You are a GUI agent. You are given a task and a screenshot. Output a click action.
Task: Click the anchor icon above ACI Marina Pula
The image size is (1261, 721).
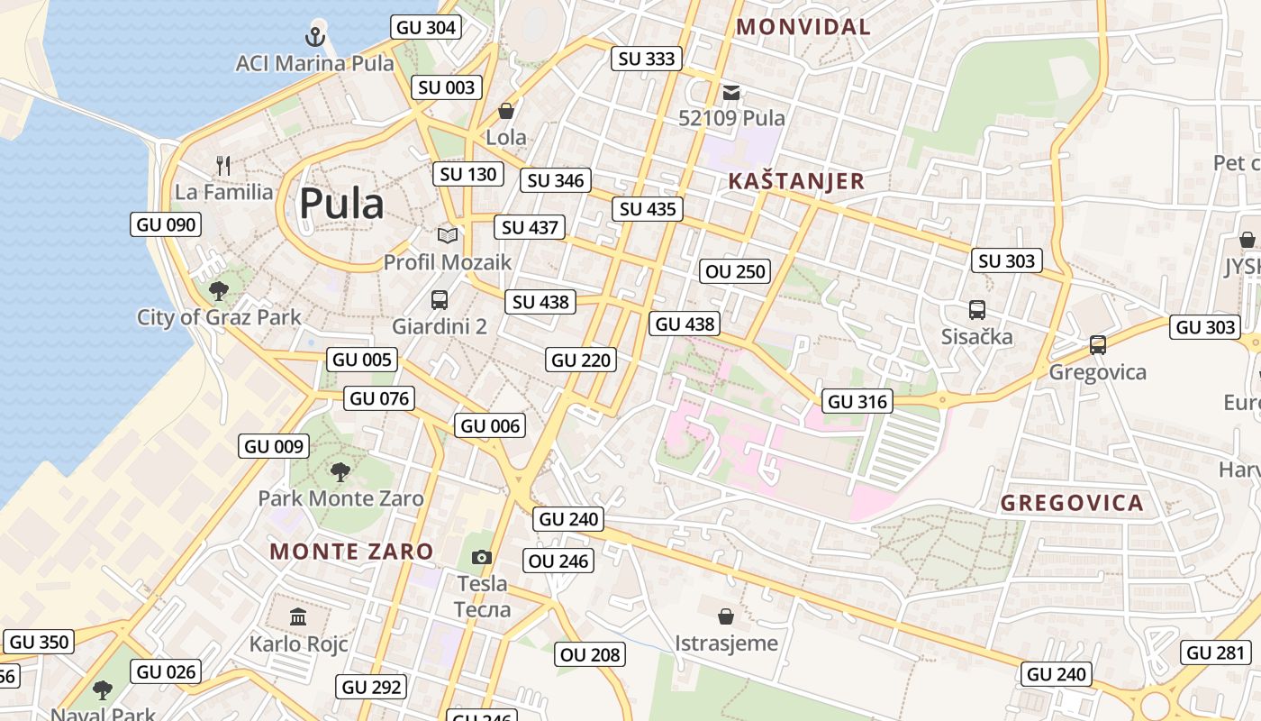(315, 37)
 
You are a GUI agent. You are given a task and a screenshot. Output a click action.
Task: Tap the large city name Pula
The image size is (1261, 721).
(341, 204)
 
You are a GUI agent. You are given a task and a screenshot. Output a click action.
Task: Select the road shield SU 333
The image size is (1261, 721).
(647, 59)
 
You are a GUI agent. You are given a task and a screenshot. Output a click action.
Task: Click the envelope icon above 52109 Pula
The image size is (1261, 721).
(731, 92)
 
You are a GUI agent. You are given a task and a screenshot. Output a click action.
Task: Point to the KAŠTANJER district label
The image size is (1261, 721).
(796, 181)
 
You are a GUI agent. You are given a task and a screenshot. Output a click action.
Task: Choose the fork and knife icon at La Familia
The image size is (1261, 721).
(223, 166)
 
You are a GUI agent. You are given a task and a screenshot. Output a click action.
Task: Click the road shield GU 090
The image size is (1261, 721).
(166, 224)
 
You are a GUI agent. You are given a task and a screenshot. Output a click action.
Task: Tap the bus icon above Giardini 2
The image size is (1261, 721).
(440, 300)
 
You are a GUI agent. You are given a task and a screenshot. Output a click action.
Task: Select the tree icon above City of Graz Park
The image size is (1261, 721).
(218, 290)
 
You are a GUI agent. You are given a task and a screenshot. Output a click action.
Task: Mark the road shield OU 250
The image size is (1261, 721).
(736, 271)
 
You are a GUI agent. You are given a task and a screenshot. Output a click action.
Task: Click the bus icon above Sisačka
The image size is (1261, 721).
(977, 310)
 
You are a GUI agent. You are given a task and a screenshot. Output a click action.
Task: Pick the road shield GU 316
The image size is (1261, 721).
(857, 402)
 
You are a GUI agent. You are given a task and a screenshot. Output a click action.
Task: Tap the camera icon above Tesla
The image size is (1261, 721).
(482, 558)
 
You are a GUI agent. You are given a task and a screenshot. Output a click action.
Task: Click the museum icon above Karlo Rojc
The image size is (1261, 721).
(298, 617)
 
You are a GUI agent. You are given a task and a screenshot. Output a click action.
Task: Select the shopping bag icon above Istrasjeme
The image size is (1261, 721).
(726, 616)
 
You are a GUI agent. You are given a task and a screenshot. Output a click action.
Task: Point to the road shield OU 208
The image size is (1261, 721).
(591, 655)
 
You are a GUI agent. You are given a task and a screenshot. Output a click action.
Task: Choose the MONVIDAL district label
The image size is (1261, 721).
(803, 27)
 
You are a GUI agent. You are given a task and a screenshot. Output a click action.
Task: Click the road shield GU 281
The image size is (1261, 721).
(1216, 653)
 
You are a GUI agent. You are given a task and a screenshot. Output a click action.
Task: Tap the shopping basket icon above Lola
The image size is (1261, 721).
(506, 111)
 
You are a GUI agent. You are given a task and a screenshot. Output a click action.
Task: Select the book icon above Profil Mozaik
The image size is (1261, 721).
(448, 235)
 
